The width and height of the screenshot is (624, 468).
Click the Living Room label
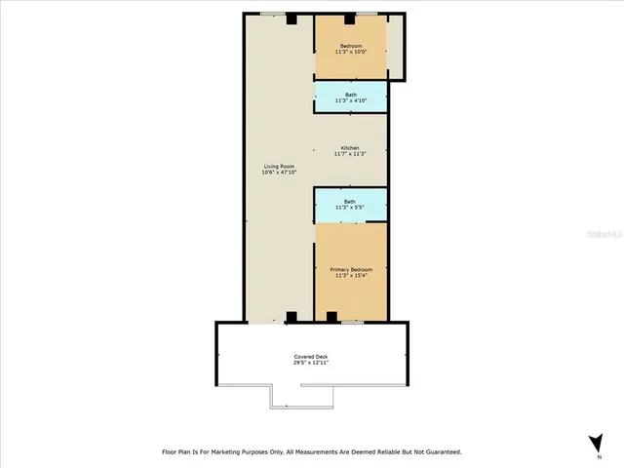point(279,167)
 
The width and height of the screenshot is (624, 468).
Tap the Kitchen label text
point(350,147)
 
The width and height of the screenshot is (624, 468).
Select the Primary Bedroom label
point(350,269)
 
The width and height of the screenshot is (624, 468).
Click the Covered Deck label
point(311,357)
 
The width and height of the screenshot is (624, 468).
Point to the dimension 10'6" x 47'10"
point(279,173)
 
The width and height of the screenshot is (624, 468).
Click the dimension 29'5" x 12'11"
point(311,363)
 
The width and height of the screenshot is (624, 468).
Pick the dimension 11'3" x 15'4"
point(350,275)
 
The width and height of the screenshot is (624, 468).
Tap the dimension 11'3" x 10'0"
point(350,53)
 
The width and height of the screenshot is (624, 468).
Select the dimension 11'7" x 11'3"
point(350,153)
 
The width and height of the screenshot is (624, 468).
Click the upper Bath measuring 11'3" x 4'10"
point(350,97)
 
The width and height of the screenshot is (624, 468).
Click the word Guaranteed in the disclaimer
point(439,452)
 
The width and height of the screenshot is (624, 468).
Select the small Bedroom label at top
point(350,47)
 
